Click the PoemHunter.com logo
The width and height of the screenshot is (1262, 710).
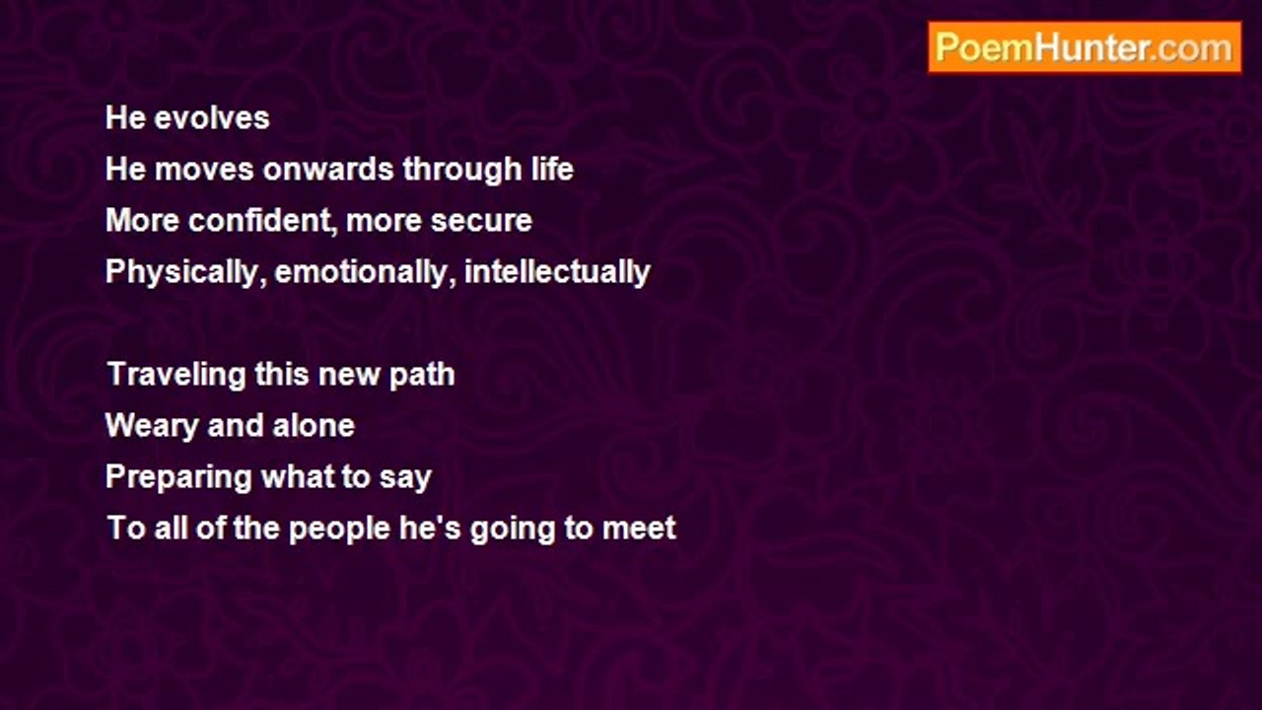tap(1085, 47)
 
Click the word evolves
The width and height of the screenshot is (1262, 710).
tap(212, 118)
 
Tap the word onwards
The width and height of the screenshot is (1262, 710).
tap(328, 169)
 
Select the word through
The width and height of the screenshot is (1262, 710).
tap(462, 170)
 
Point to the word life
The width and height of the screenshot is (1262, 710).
tap(553, 169)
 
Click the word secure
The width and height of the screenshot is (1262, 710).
tap(481, 221)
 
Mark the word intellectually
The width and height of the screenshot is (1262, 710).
tap(557, 272)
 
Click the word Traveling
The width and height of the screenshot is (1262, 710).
tap(176, 375)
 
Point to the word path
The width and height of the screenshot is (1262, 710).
tap(422, 375)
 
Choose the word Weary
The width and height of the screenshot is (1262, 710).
tap(152, 426)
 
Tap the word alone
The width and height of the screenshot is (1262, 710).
tap(314, 425)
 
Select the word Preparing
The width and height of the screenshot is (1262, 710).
tap(178, 477)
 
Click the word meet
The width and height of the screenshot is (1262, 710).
tap(639, 529)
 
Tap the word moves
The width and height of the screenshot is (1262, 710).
tap(204, 170)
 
